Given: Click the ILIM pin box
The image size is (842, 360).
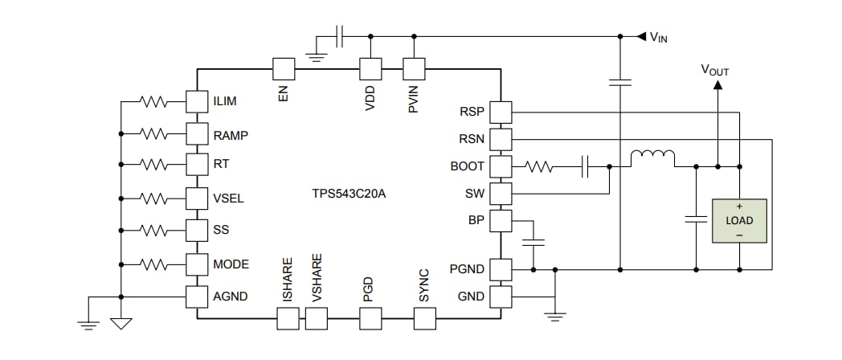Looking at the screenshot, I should pyautogui.click(x=197, y=102).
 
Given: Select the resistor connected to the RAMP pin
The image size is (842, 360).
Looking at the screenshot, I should pyautogui.click(x=153, y=133).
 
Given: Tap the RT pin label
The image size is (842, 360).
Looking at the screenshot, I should pyautogui.click(x=221, y=163).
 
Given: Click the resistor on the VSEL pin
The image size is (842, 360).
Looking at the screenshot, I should pyautogui.click(x=153, y=197).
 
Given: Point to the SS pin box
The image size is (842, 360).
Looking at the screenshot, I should pyautogui.click(x=197, y=229).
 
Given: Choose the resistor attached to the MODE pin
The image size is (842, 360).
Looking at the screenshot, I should pyautogui.click(x=153, y=263).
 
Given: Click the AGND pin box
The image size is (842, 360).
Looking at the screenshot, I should pyautogui.click(x=197, y=296).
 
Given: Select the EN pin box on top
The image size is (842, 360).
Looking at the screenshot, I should pyautogui.click(x=284, y=68).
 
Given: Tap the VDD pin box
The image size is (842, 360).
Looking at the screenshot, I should pyautogui.click(x=370, y=68).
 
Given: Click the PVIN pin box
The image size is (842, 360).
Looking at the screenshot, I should pyautogui.click(x=414, y=68).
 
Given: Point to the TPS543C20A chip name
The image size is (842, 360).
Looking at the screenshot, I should pyautogui.click(x=349, y=194).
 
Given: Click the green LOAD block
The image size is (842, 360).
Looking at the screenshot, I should pyautogui.click(x=739, y=220).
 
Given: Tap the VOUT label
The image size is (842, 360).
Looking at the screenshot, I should pyautogui.click(x=715, y=71).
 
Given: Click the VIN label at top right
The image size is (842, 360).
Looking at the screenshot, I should pyautogui.click(x=658, y=37).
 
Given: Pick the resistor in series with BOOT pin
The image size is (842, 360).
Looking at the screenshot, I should pyautogui.click(x=538, y=167).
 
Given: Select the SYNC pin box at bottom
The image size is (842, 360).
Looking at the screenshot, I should pyautogui.click(x=423, y=319).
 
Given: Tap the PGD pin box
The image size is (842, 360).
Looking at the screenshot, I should pyautogui.click(x=370, y=319).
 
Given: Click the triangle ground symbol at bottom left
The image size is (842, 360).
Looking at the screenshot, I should pyautogui.click(x=121, y=324).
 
